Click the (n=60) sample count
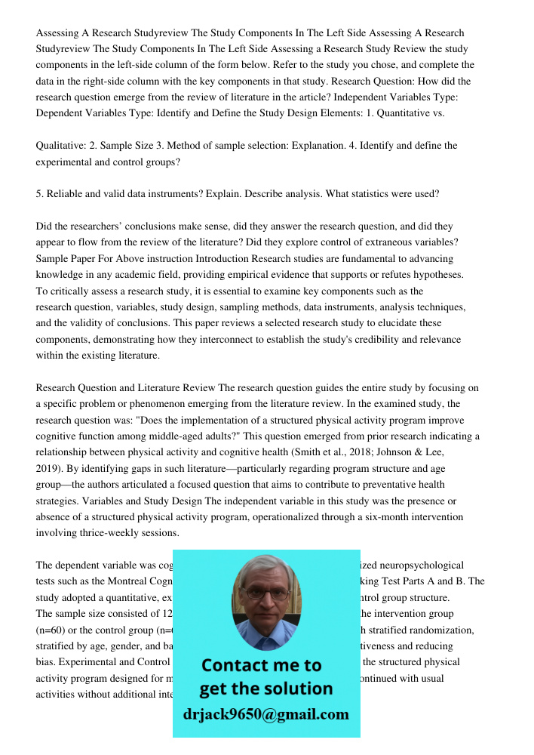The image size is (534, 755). [x=53, y=630]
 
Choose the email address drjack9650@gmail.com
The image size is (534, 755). [x=265, y=714]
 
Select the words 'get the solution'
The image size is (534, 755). [x=265, y=689]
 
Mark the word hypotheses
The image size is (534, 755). [x=438, y=274]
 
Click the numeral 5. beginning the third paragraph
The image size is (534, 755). [x=39, y=193]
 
